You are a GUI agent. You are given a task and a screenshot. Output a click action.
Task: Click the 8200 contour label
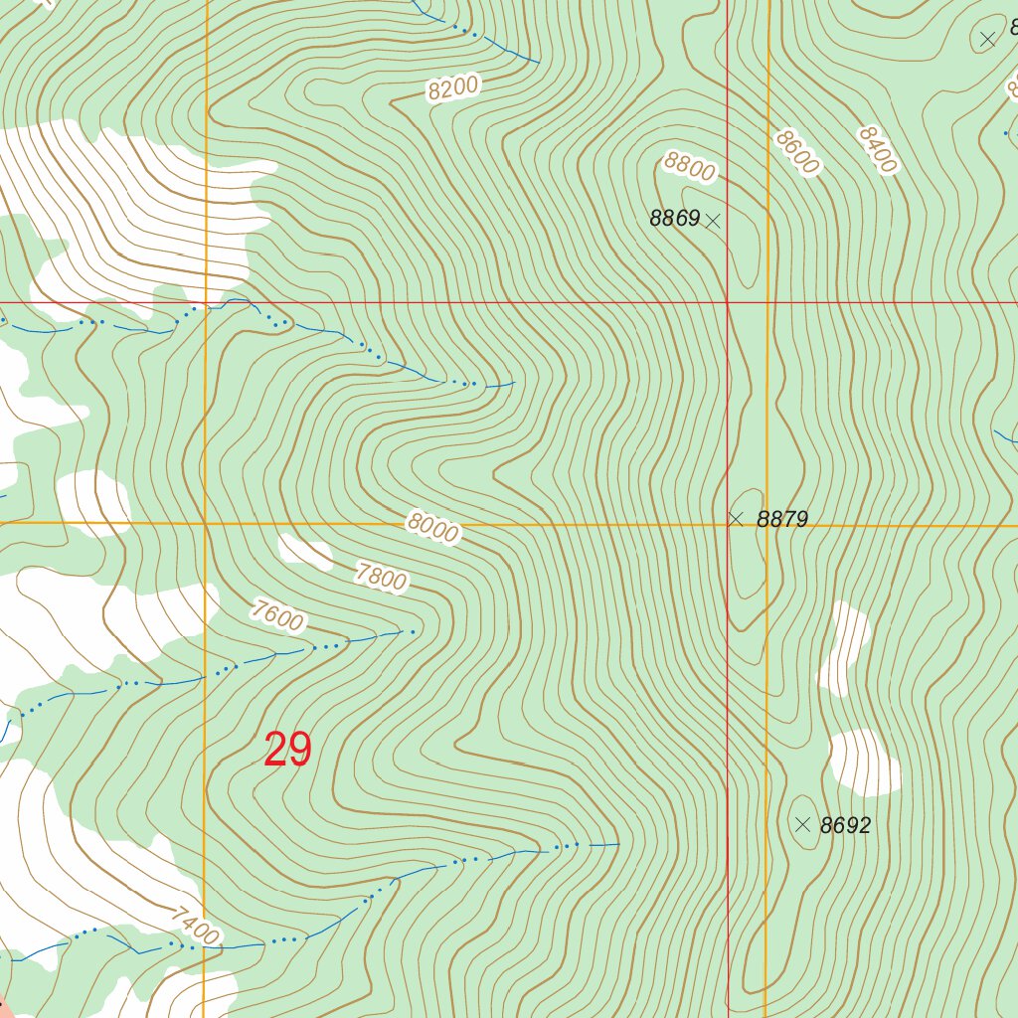pyautogui.click(x=454, y=88)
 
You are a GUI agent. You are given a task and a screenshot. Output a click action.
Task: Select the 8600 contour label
pyautogui.click(x=797, y=152)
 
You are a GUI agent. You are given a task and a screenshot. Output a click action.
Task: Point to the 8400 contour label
pyautogui.click(x=877, y=149)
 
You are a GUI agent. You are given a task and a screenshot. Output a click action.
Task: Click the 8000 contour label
pyautogui.click(x=432, y=528)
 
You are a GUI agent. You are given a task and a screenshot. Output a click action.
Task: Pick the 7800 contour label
pyautogui.click(x=381, y=576)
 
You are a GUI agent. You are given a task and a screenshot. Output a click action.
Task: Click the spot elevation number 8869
pyautogui.click(x=675, y=219)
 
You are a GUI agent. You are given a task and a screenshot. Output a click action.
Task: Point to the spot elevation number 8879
pyautogui.click(x=782, y=519)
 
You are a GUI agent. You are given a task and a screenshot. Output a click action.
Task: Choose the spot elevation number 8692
pyautogui.click(x=845, y=825)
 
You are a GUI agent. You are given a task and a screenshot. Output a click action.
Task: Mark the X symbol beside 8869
pyautogui.click(x=712, y=222)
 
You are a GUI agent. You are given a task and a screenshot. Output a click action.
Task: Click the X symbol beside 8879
pyautogui.click(x=736, y=519)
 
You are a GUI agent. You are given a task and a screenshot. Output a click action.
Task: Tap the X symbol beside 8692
pyautogui.click(x=803, y=824)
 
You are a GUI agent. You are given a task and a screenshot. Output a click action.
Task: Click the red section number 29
pyautogui.click(x=288, y=750)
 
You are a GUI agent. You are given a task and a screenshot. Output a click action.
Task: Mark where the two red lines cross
pyautogui.click(x=728, y=302)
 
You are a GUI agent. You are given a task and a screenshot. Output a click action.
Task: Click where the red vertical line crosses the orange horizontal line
pyautogui.click(x=728, y=524)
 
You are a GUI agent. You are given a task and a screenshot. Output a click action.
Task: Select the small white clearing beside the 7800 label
pyautogui.click(x=305, y=552)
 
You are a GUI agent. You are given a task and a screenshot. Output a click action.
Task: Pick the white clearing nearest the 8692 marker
pyautogui.click(x=864, y=763)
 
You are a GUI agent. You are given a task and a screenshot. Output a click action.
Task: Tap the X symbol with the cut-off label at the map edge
pyautogui.click(x=987, y=40)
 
